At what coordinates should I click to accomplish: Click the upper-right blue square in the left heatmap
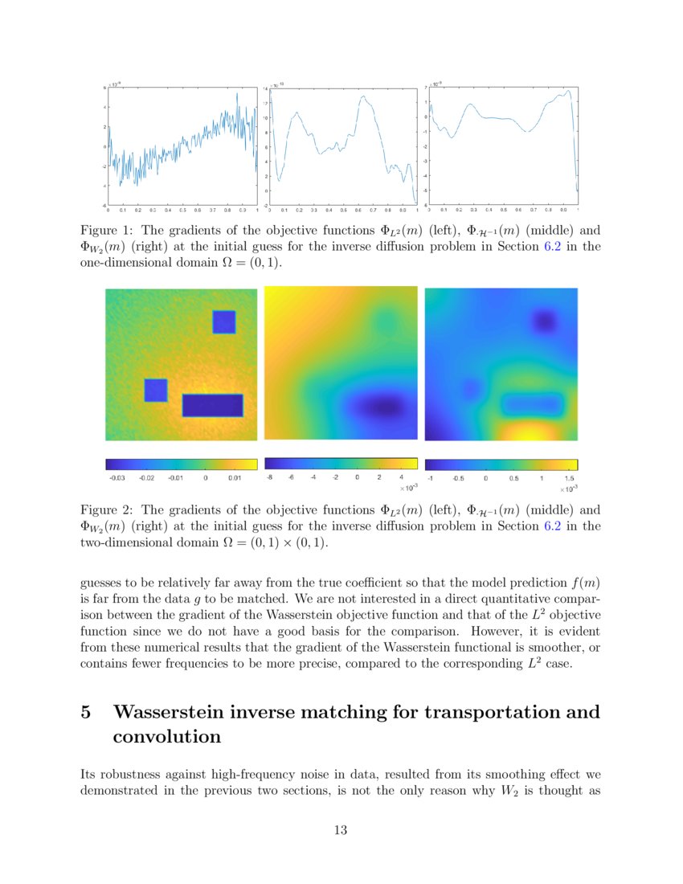click(x=223, y=321)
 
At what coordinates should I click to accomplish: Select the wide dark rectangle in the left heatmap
click(x=212, y=405)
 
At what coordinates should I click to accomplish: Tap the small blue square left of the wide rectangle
click(x=155, y=390)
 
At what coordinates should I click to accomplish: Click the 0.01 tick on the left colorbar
click(x=235, y=477)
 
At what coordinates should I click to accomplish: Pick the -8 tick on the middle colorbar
click(x=271, y=477)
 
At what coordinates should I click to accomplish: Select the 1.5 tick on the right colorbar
click(x=569, y=477)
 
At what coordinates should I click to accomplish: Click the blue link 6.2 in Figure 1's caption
click(x=553, y=247)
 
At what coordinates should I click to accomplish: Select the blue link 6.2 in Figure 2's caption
click(x=553, y=527)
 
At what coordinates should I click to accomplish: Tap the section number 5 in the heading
click(x=86, y=713)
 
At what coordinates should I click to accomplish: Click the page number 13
click(x=341, y=830)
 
